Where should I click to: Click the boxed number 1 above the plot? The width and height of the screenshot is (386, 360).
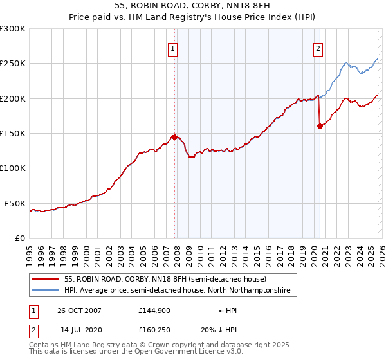[174, 47]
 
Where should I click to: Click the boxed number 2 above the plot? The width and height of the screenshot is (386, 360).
[318, 47]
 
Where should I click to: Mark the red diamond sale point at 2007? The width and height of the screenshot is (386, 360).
[174, 137]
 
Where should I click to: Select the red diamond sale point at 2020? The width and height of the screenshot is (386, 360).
[320, 127]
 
